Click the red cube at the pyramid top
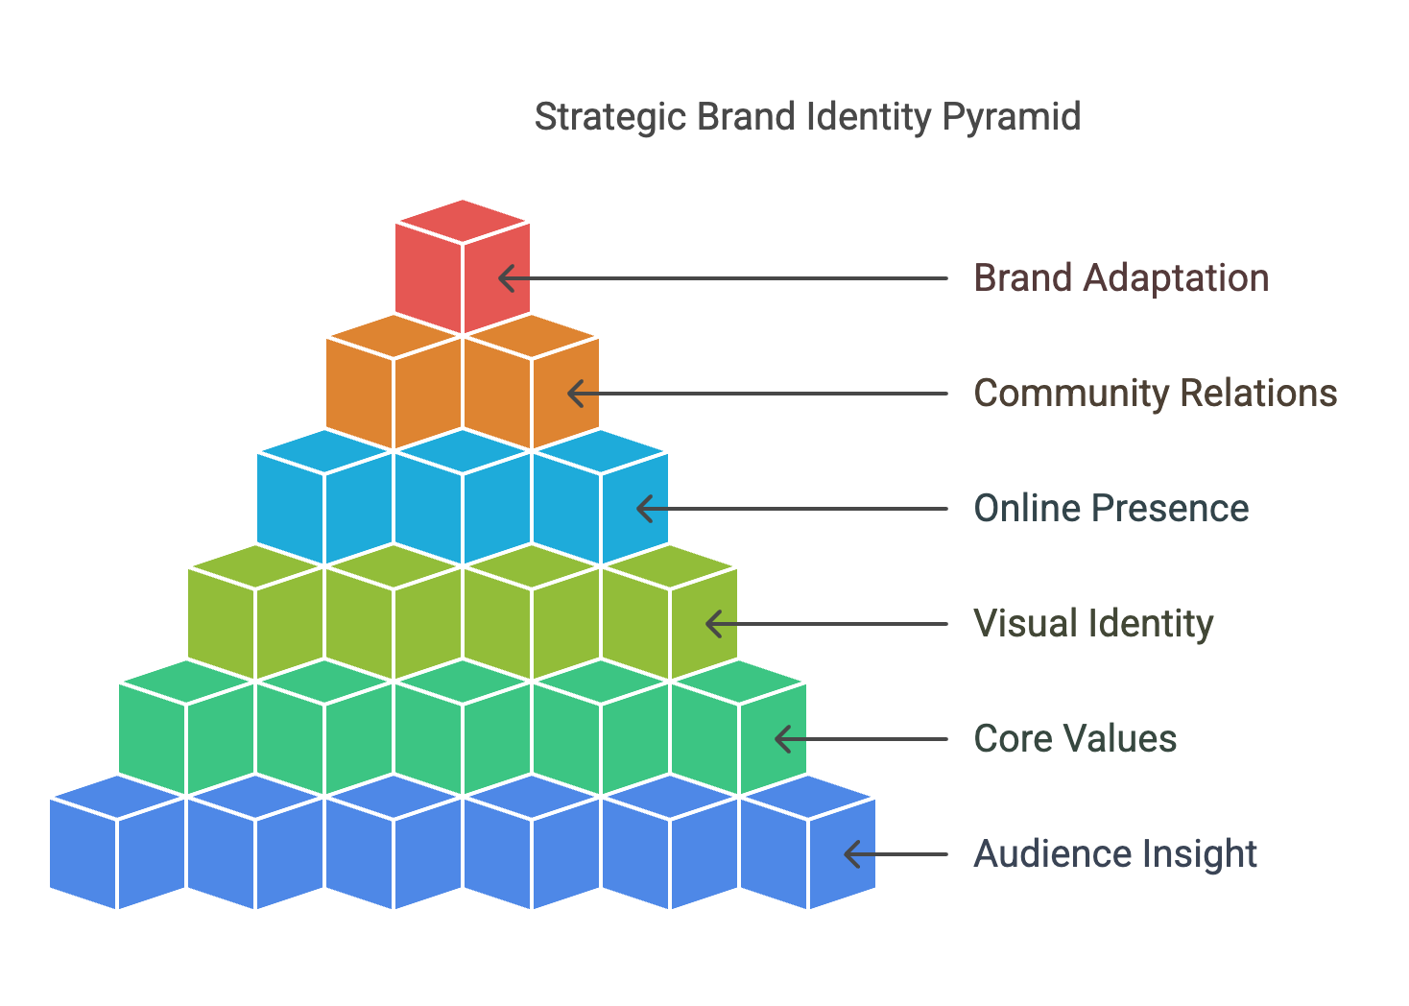tap(463, 269)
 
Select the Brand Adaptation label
tap(1121, 278)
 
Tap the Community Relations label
tap(1155, 394)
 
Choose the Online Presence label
tap(1110, 509)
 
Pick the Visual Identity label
tap(1093, 624)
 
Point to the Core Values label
tap(1075, 739)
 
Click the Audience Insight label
tap(1115, 854)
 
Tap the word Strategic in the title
tap(610, 118)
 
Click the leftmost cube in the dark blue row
tap(117, 845)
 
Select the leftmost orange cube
tap(394, 384)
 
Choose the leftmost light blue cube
tap(324, 499)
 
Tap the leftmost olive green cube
tap(255, 614)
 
